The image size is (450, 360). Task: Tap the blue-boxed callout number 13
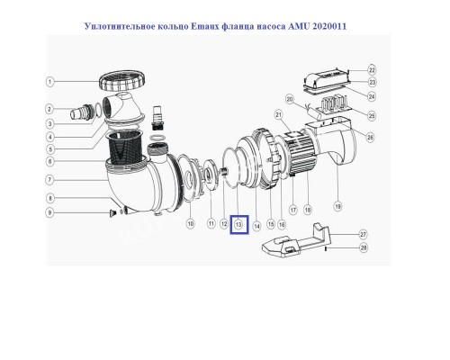click(x=238, y=222)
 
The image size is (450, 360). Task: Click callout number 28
click(x=363, y=247)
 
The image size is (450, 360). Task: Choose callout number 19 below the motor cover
click(x=338, y=206)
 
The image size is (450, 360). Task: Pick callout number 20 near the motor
click(x=290, y=98)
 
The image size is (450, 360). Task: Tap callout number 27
click(x=363, y=233)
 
